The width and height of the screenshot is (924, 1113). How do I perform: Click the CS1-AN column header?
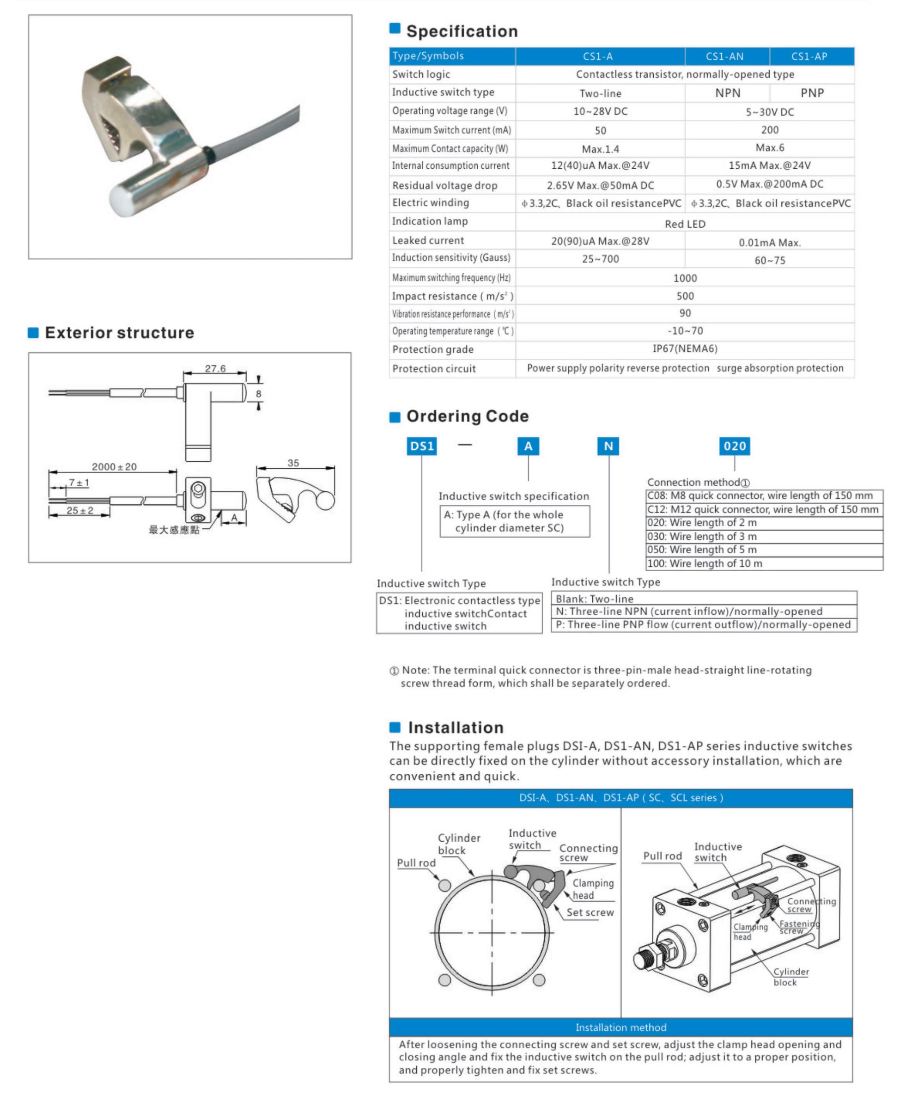724,56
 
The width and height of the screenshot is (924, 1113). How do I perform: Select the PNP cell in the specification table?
812,93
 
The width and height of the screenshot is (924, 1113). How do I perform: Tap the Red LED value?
685,224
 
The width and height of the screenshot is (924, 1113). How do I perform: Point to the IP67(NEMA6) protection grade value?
685,349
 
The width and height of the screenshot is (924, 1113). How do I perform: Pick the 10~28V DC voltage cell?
600,112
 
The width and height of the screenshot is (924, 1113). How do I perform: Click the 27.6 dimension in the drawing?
215,368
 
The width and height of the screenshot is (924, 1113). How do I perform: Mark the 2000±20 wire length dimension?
114,467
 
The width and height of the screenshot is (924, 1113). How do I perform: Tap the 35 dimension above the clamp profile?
293,463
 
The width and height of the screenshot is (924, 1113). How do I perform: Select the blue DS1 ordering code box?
422,446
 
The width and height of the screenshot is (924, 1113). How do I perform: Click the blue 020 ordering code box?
734,446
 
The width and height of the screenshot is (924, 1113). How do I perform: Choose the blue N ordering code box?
608,446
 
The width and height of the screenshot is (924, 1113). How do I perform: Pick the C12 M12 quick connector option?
763,509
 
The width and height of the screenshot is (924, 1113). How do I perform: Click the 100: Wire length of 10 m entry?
705,563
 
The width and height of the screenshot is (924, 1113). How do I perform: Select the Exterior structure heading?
119,333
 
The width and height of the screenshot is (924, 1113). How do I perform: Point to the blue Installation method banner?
620,1027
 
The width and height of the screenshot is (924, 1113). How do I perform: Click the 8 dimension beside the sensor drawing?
259,394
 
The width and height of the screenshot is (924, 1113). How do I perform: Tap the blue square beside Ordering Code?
395,417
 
